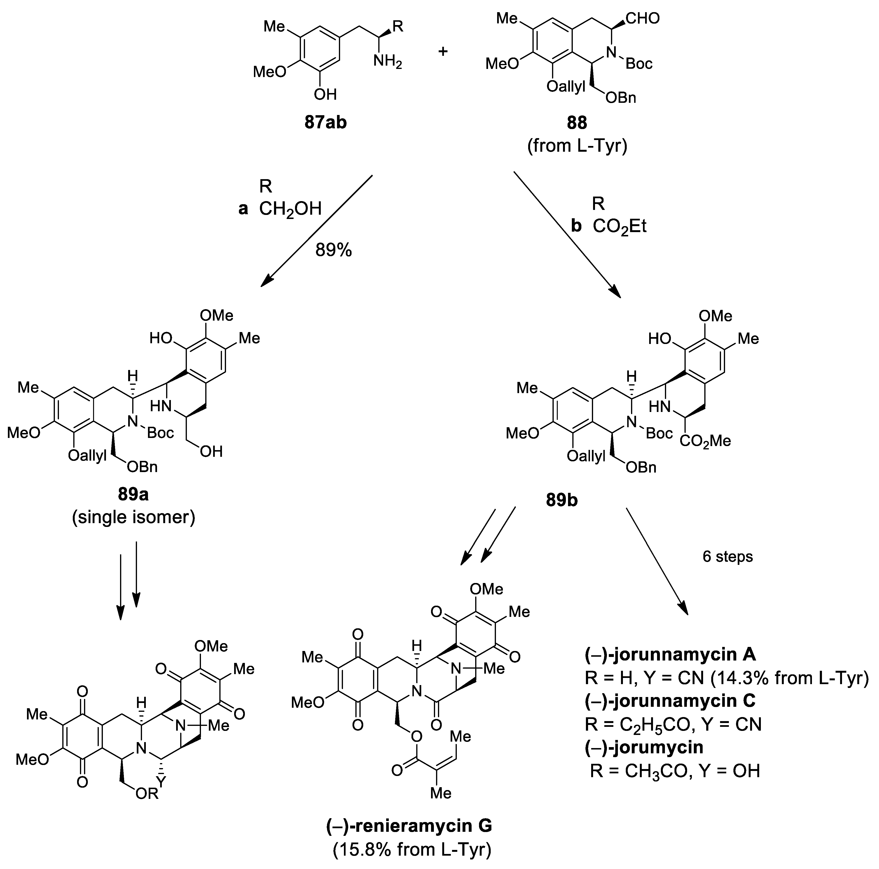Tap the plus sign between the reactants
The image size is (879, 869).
pos(443,51)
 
